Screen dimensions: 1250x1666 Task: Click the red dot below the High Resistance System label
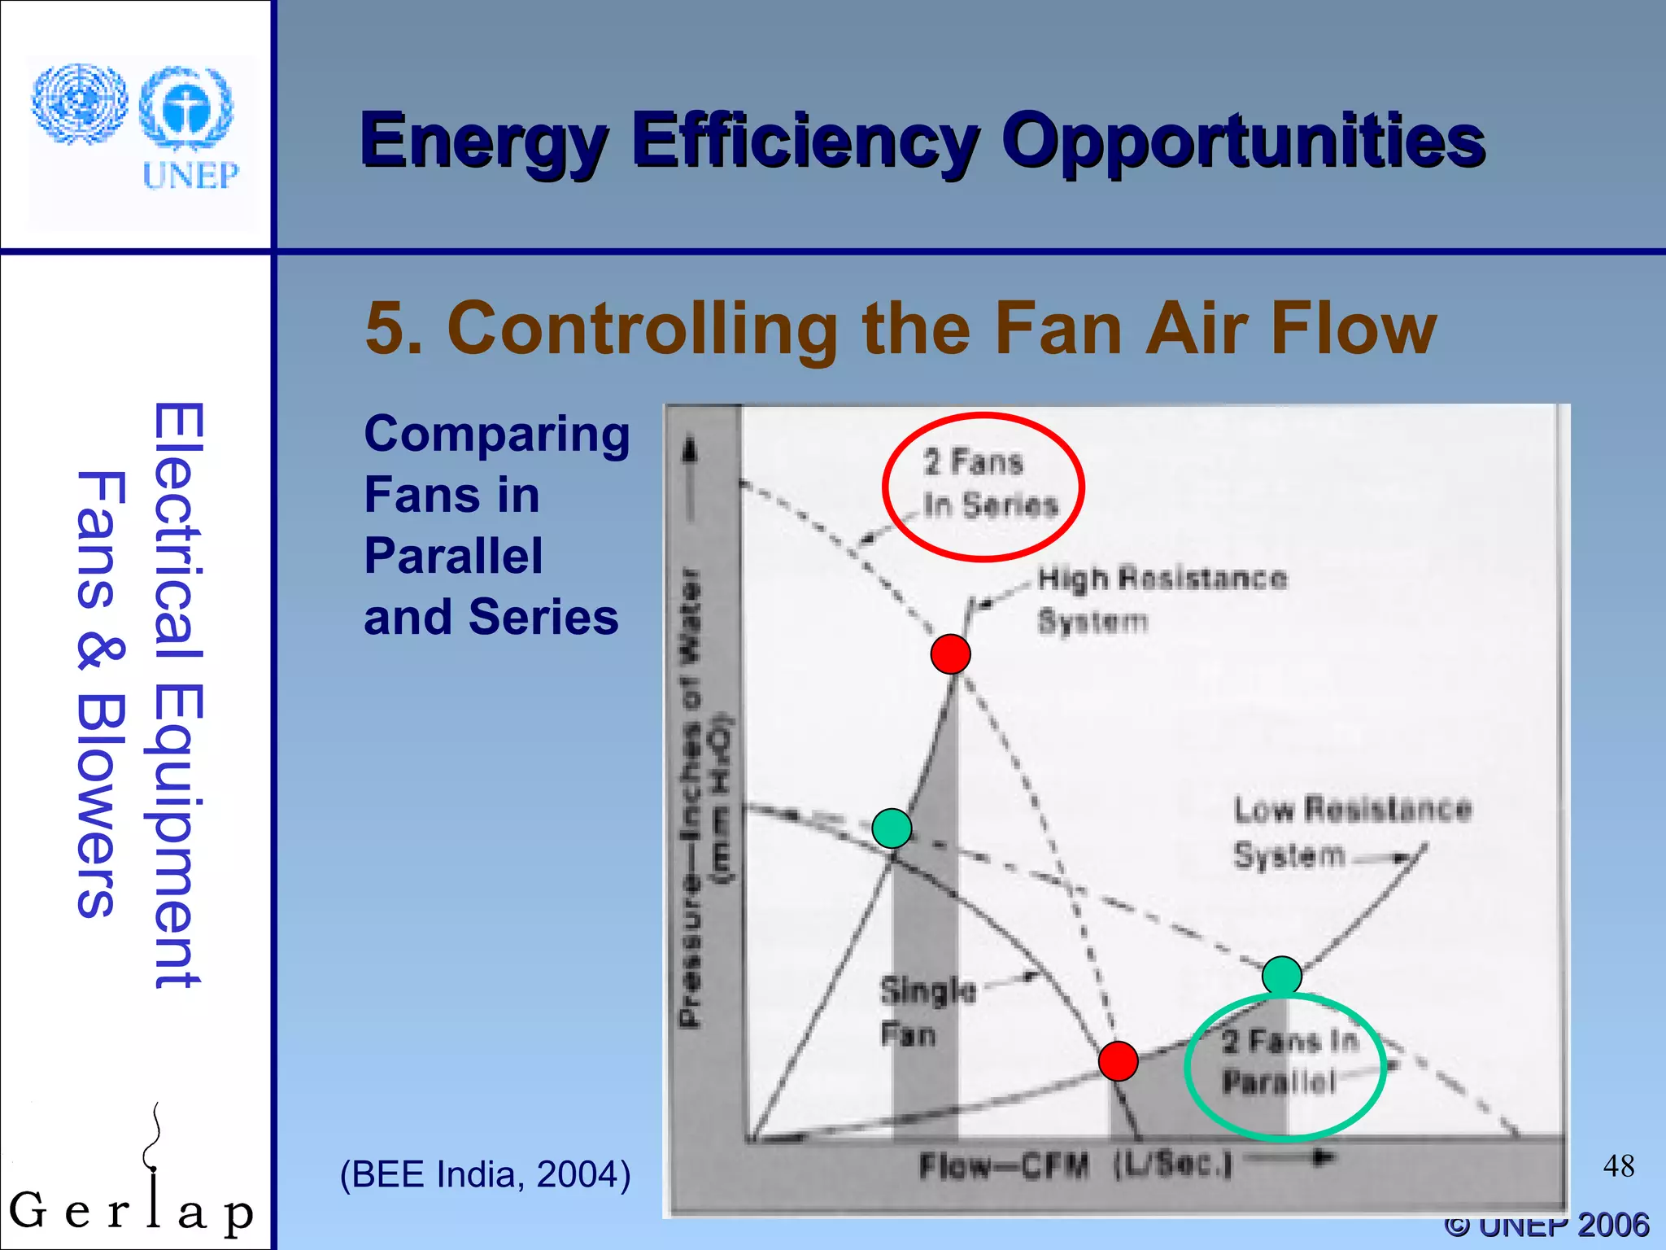[x=950, y=653]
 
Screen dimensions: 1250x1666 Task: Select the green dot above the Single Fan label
[x=892, y=828]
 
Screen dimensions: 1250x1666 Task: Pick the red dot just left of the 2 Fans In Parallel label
[x=1118, y=1061]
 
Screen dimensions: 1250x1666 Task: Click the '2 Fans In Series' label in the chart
[x=989, y=483]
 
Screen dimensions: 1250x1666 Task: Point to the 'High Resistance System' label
[x=1162, y=599]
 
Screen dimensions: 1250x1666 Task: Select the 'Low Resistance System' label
[x=1352, y=832]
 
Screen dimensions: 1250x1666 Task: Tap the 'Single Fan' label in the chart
[x=927, y=1012]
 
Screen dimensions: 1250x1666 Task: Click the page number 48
[x=1618, y=1166]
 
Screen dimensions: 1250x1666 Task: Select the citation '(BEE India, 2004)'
[x=485, y=1174]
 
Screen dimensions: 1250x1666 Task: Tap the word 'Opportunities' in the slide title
[x=1243, y=142]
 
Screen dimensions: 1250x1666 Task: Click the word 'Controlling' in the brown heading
[x=642, y=328]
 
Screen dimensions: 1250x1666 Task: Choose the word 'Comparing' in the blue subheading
[x=496, y=434]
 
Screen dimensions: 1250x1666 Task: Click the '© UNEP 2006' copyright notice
[x=1546, y=1226]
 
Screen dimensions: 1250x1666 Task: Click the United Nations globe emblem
[x=79, y=104]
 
